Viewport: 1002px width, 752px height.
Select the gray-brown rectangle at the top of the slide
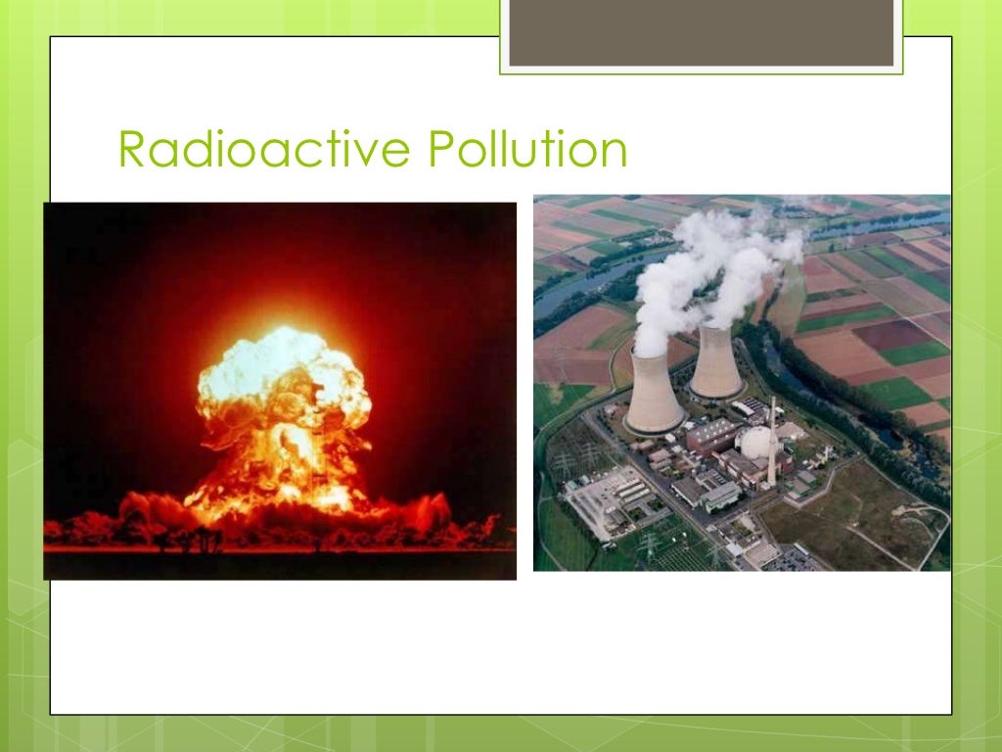[702, 33]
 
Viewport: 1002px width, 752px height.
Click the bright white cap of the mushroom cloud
[284, 377]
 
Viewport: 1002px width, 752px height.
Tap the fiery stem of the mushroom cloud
[284, 460]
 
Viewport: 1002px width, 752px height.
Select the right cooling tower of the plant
[715, 362]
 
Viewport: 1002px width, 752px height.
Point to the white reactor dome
[759, 444]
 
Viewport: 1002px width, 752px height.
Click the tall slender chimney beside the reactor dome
[773, 441]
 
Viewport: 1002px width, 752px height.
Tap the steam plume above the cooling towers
[705, 264]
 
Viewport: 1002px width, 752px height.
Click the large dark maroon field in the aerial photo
[890, 334]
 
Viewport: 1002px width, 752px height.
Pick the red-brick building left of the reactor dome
[711, 436]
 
